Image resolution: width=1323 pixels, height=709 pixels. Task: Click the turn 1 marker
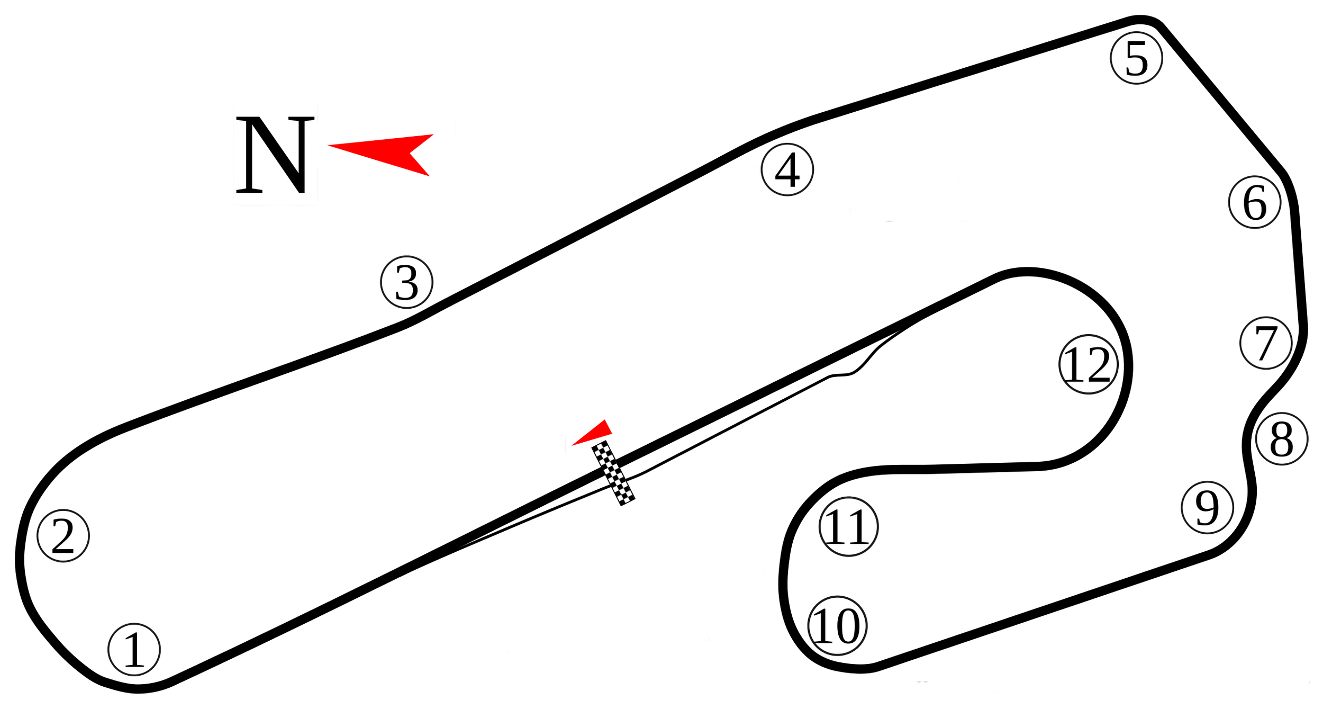pyautogui.click(x=134, y=650)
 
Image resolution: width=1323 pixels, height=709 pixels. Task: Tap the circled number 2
pyautogui.click(x=63, y=536)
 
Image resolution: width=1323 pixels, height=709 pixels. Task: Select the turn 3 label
pyautogui.click(x=406, y=282)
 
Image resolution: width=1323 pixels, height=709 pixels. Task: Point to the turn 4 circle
pyautogui.click(x=787, y=169)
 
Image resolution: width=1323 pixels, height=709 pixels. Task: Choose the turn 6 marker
pyautogui.click(x=1255, y=202)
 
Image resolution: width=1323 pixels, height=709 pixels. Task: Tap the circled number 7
pyautogui.click(x=1266, y=343)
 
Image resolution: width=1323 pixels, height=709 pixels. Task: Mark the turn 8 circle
pyautogui.click(x=1281, y=438)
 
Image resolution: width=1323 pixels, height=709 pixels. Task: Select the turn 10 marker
pyautogui.click(x=837, y=626)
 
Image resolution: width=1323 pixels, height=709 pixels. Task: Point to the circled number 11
pyautogui.click(x=848, y=527)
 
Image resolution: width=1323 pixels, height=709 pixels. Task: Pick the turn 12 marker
pyautogui.click(x=1089, y=364)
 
